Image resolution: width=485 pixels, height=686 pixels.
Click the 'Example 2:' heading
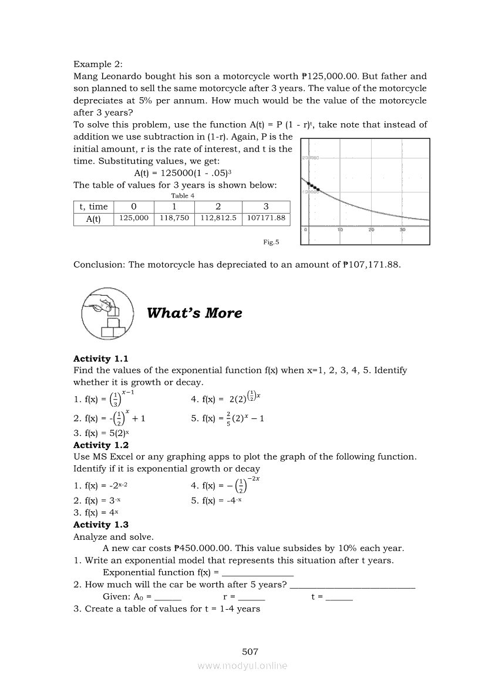click(x=98, y=63)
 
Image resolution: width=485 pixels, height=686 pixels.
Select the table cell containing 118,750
click(x=174, y=218)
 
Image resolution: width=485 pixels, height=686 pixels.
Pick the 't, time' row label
click(x=93, y=206)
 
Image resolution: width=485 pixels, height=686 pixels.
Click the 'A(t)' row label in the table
click(x=93, y=218)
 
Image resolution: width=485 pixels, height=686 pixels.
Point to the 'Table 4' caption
click(x=182, y=195)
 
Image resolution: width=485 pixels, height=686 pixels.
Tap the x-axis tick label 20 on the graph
click(x=371, y=230)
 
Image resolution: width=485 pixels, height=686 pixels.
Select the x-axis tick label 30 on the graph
click(x=402, y=230)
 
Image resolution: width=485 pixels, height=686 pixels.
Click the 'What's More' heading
click(x=194, y=313)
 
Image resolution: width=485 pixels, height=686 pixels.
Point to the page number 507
click(x=250, y=651)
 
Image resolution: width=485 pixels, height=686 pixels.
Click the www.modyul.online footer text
click(x=242, y=665)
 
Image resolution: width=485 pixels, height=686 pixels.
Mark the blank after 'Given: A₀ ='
click(x=168, y=597)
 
